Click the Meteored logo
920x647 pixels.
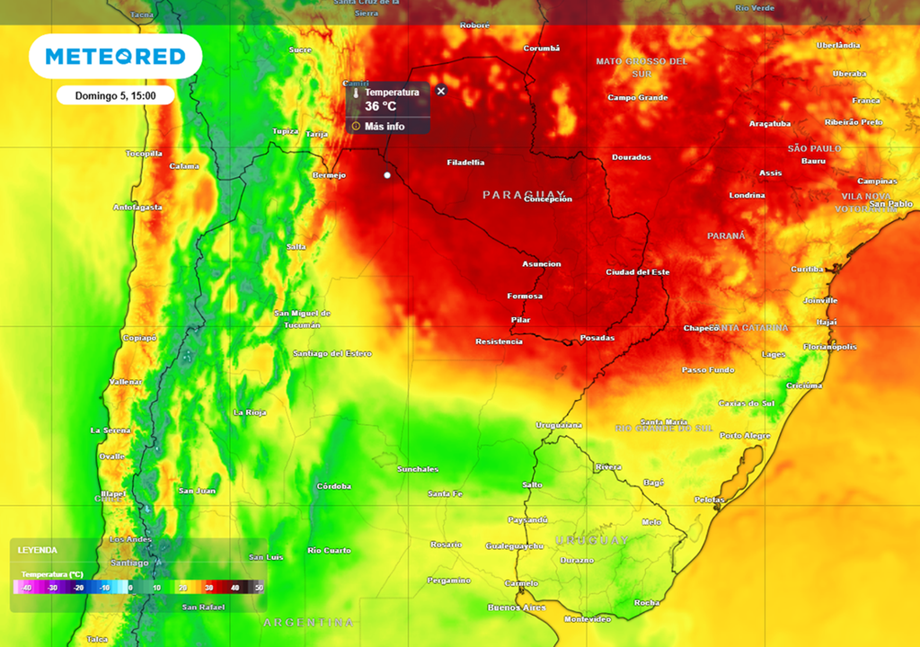pyautogui.click(x=115, y=57)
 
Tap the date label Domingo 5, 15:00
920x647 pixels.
pyautogui.click(x=115, y=95)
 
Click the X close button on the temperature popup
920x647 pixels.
pyautogui.click(x=441, y=91)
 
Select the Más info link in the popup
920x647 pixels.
pyautogui.click(x=384, y=127)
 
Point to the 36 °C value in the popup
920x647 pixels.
pyautogui.click(x=380, y=106)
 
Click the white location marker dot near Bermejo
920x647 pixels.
pyautogui.click(x=387, y=175)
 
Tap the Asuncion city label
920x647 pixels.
pyautogui.click(x=542, y=264)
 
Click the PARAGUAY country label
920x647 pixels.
pyautogui.click(x=526, y=195)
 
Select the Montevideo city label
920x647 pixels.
pyautogui.click(x=588, y=619)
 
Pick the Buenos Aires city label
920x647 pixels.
pyautogui.click(x=517, y=607)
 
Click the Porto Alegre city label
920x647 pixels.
pyautogui.click(x=745, y=436)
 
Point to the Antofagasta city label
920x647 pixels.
pyautogui.click(x=137, y=208)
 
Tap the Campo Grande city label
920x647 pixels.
pyautogui.click(x=638, y=98)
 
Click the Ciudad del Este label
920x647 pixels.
pyautogui.click(x=638, y=272)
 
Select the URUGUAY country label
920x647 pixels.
pyautogui.click(x=591, y=539)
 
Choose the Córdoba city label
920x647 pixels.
pyautogui.click(x=333, y=486)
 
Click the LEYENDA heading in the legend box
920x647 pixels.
pyautogui.click(x=37, y=550)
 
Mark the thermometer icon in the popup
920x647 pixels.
pyautogui.click(x=356, y=93)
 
